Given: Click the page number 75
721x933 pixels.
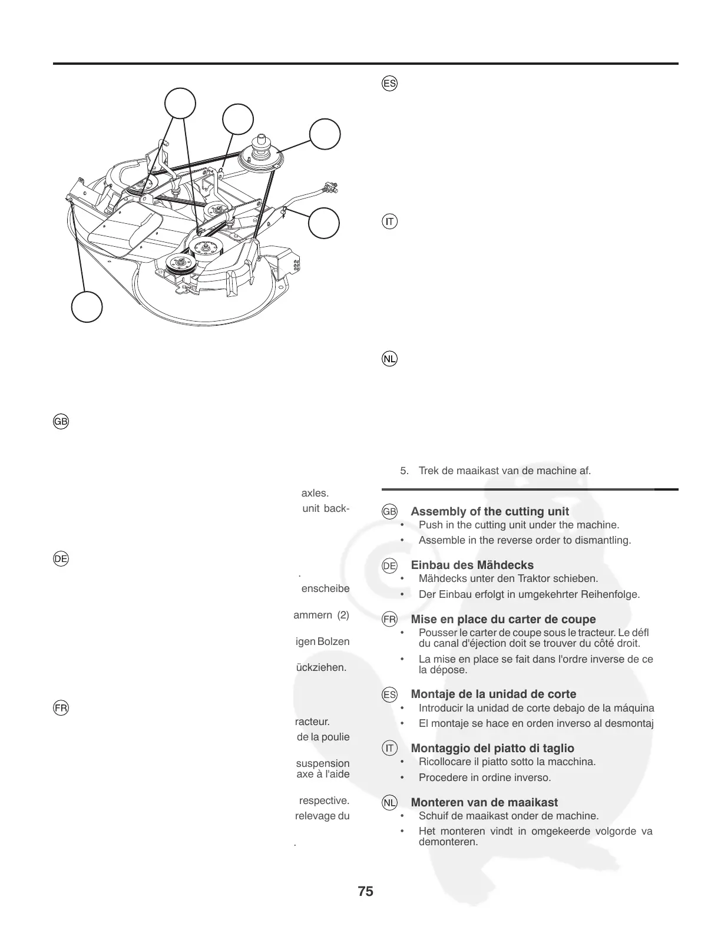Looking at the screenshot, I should (x=365, y=891).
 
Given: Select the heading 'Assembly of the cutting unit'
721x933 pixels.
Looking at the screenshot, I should (x=490, y=511).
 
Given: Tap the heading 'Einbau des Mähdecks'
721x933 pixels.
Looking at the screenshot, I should (x=472, y=565).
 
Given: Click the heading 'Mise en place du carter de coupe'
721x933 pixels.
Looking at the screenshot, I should (x=503, y=619).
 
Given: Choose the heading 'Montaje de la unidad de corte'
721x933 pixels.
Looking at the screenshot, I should (x=493, y=694).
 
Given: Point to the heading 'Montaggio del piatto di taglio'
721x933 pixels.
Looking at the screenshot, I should (x=492, y=748).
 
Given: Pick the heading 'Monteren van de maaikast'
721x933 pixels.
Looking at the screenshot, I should (x=484, y=802).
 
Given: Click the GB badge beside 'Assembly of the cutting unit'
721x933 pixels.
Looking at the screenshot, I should (x=389, y=512).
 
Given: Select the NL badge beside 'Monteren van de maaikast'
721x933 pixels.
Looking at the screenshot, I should (x=389, y=803).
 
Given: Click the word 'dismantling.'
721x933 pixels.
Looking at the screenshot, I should (x=606, y=540).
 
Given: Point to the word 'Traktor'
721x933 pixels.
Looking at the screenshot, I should (x=518, y=578).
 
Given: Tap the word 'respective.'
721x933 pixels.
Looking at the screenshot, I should (x=324, y=800).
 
